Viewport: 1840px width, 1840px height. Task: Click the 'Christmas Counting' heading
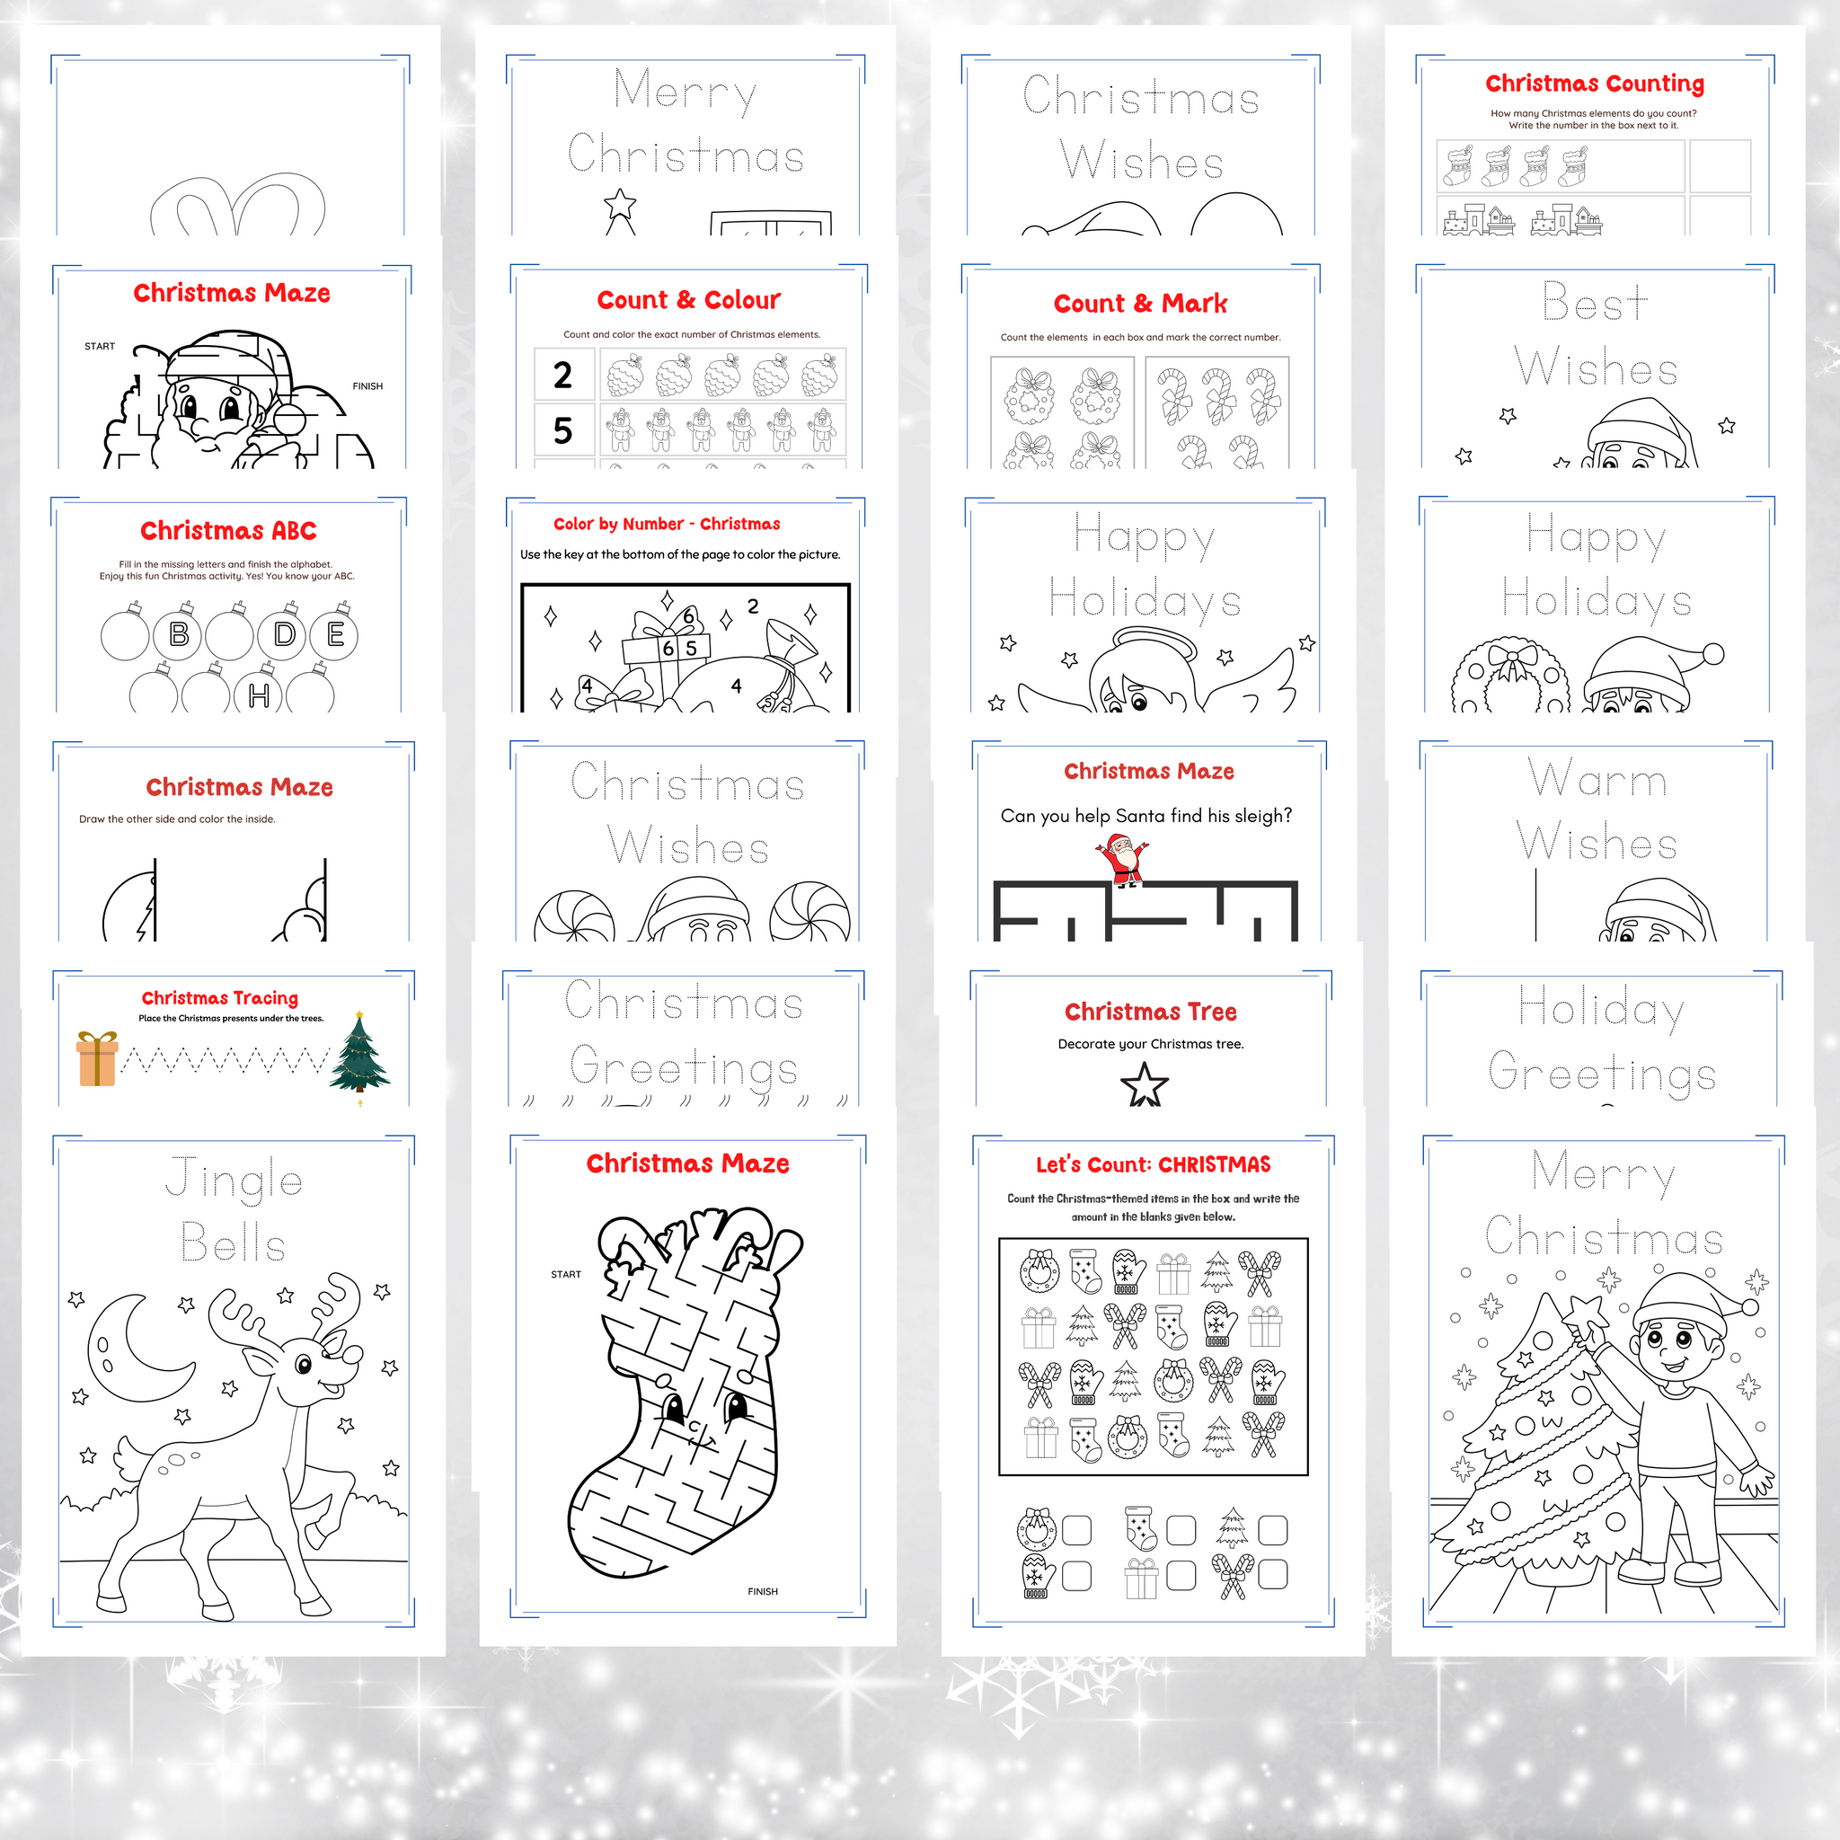pos(1595,84)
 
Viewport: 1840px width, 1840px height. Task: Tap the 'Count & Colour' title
pos(688,300)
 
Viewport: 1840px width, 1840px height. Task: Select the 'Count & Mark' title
pos(1140,304)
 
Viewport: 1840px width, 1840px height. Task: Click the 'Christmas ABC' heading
pos(228,530)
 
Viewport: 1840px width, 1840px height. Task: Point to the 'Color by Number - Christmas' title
pos(667,524)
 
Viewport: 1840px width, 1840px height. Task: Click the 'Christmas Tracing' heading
pos(220,998)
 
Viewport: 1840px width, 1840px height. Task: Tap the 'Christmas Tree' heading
pos(1151,1012)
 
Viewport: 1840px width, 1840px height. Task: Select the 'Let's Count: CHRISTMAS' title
pos(1154,1164)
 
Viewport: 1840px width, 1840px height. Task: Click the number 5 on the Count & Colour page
pos(562,430)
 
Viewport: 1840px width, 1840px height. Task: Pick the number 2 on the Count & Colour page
pos(562,376)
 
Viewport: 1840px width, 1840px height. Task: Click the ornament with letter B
pos(178,632)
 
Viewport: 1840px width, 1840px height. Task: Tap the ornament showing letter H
pos(258,694)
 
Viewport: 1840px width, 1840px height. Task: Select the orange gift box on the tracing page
pos(97,1058)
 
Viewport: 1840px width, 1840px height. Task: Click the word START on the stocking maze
pos(566,1274)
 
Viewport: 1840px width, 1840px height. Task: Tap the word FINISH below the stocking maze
pos(763,1591)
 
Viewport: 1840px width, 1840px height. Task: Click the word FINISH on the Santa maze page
pos(367,386)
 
